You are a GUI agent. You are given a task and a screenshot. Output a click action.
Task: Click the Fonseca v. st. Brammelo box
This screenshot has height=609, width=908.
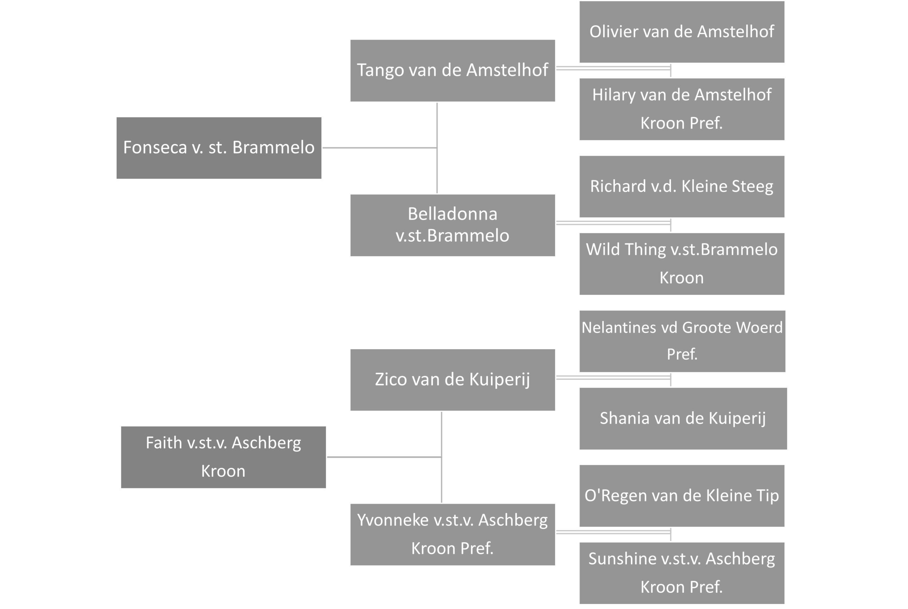click(219, 148)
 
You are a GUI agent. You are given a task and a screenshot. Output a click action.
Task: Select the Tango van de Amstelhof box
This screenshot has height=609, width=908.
click(453, 71)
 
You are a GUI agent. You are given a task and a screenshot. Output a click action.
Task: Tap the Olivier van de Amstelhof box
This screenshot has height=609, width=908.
click(682, 32)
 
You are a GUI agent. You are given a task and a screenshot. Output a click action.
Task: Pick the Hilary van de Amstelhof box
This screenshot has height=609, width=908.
click(682, 109)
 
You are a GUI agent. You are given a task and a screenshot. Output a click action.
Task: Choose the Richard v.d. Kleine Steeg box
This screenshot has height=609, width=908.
click(682, 186)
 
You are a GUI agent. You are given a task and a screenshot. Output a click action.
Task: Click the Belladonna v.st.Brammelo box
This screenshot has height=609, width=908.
click(453, 225)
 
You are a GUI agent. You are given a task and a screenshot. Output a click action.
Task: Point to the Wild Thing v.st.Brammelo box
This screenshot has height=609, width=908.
click(682, 264)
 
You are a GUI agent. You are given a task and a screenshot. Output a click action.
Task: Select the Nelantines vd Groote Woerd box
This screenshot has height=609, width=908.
click(682, 341)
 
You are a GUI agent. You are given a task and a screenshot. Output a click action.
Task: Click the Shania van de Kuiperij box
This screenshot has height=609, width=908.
click(683, 418)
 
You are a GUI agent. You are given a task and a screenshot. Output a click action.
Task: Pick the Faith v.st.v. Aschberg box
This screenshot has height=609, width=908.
click(223, 457)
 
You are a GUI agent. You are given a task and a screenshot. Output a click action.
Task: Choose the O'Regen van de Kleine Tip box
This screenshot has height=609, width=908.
click(682, 496)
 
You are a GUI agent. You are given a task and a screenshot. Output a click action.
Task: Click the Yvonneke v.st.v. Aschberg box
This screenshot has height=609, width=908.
click(453, 535)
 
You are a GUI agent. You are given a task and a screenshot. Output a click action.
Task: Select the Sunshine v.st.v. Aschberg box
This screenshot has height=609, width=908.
click(682, 573)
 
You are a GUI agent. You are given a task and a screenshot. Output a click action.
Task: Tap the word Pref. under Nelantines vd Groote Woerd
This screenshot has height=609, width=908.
click(682, 354)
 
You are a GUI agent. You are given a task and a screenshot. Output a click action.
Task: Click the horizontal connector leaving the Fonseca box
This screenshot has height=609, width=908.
click(380, 147)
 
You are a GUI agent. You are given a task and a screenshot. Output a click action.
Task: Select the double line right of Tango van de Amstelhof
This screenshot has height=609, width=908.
click(614, 68)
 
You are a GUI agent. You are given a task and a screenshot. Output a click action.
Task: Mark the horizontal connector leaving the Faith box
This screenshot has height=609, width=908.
click(384, 457)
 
